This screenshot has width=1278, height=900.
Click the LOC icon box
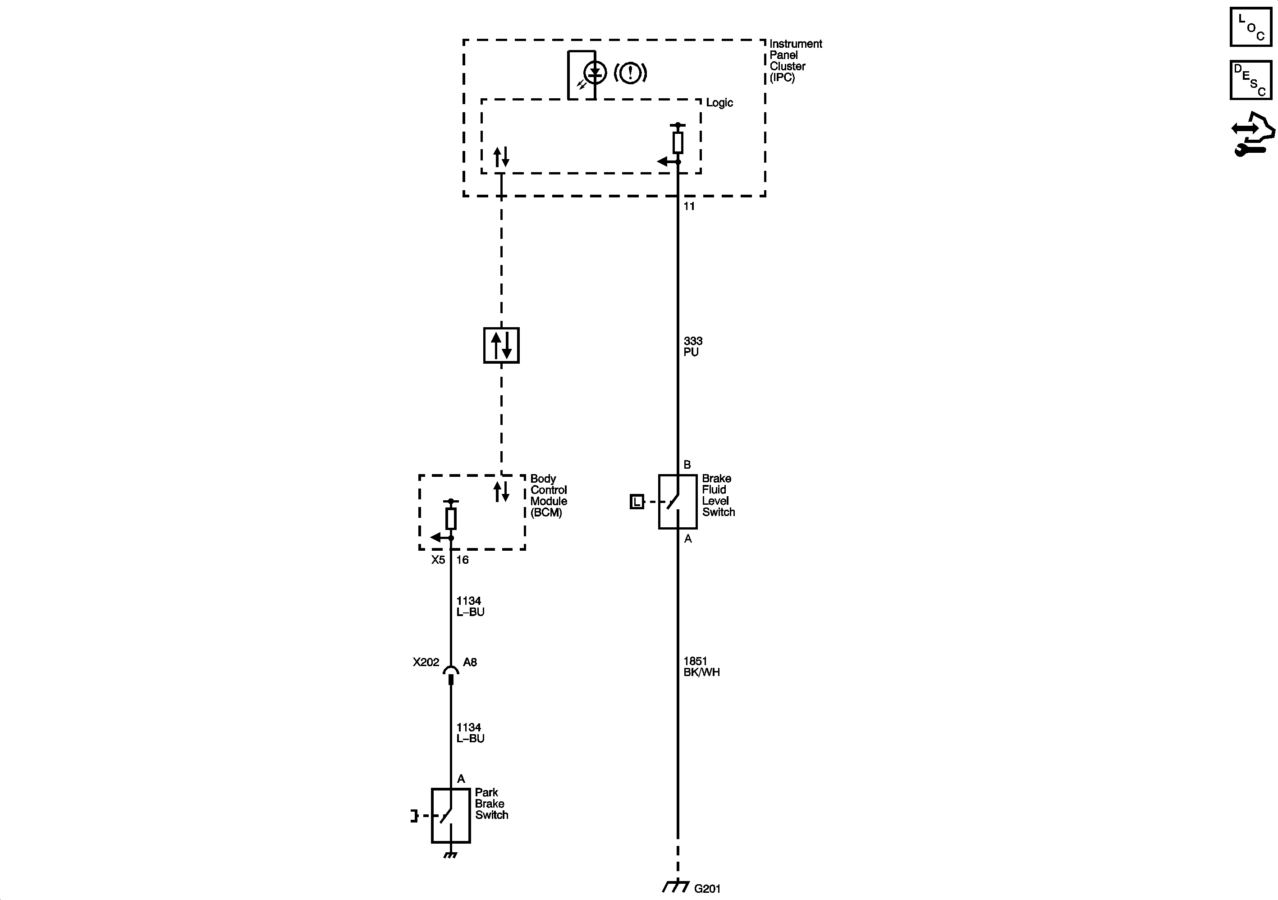[x=1250, y=27]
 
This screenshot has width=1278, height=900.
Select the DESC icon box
[x=1250, y=80]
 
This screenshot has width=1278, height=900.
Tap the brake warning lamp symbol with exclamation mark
[x=630, y=73]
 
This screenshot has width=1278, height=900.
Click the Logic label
[x=719, y=103]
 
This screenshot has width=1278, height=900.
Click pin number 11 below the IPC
[x=689, y=206]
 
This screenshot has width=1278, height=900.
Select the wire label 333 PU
[x=693, y=346]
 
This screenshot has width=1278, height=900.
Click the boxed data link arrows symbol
[x=501, y=345]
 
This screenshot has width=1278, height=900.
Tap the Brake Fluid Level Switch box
[x=678, y=502]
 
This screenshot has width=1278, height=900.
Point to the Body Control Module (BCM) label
[x=548, y=495]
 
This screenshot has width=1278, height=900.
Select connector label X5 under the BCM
[x=438, y=560]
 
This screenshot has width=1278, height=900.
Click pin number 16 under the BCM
[x=463, y=560]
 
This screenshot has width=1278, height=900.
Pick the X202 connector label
[x=426, y=662]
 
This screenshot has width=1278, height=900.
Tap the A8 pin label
[x=470, y=662]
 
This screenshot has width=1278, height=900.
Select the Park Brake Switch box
[x=450, y=815]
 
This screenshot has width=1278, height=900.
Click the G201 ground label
[x=707, y=888]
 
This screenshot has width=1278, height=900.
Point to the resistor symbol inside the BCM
[x=451, y=519]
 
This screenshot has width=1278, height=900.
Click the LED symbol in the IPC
[x=595, y=73]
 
